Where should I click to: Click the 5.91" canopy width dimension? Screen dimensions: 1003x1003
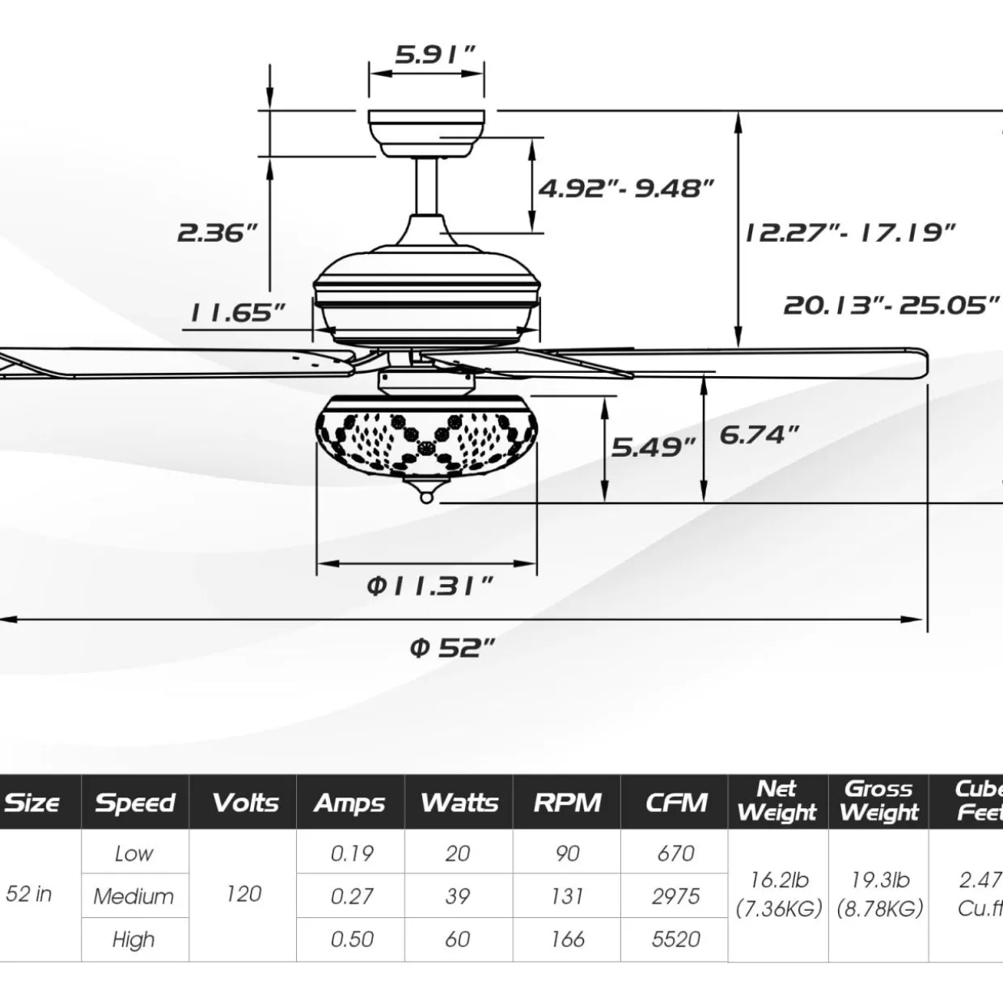pos(434,54)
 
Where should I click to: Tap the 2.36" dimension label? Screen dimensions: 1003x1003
pos(217,233)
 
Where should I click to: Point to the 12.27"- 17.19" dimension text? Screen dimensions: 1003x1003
pos(850,233)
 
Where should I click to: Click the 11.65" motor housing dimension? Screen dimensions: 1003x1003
pos(238,312)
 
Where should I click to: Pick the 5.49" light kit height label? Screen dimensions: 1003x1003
pos(654,447)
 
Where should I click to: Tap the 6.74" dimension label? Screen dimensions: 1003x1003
pos(759,434)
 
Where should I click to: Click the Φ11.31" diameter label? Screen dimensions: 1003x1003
pos(430,586)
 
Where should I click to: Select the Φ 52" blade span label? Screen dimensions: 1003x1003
pos(452,648)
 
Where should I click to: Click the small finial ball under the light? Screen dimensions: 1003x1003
pos(426,498)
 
